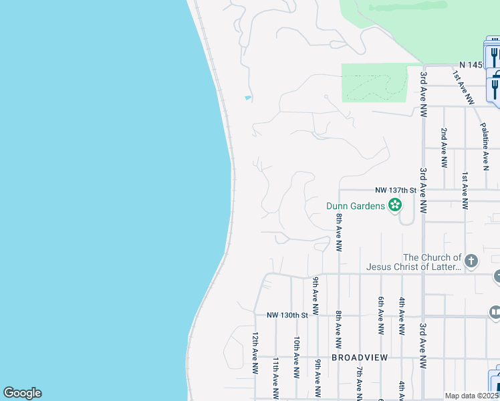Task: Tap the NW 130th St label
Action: point(287,315)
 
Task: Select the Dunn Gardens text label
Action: point(355,206)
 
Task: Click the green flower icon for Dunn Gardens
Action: point(395,205)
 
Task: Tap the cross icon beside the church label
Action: point(471,261)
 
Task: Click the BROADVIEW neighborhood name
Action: point(360,358)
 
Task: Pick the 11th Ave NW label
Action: point(275,378)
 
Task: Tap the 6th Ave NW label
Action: point(380,315)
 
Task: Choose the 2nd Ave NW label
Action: point(444,147)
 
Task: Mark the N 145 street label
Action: point(470,65)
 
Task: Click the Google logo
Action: point(22,393)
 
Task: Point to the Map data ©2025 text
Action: point(472,396)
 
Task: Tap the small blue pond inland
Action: point(248,98)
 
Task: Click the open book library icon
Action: point(495,312)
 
